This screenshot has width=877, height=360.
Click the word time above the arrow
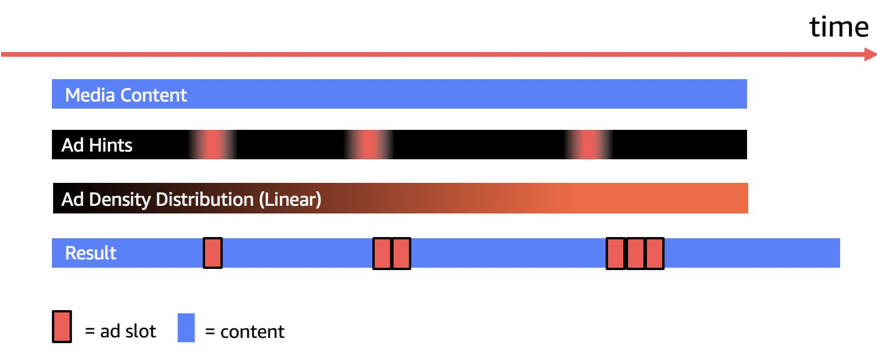pyautogui.click(x=838, y=27)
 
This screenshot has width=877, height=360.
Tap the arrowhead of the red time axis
pyautogui.click(x=868, y=53)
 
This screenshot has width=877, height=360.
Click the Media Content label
pyautogui.click(x=126, y=95)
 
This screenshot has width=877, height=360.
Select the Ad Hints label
pyautogui.click(x=97, y=145)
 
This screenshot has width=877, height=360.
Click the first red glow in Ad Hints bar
pyautogui.click(x=212, y=145)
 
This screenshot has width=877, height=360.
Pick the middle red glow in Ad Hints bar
pyautogui.click(x=369, y=145)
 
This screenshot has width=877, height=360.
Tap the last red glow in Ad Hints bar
pyautogui.click(x=589, y=145)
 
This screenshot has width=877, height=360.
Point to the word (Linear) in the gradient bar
pyautogui.click(x=290, y=199)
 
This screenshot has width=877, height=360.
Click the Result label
pyautogui.click(x=91, y=253)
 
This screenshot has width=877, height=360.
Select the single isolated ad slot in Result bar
pyautogui.click(x=212, y=253)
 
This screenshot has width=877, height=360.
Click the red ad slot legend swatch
pyautogui.click(x=62, y=328)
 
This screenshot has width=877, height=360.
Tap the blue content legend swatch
pyautogui.click(x=186, y=328)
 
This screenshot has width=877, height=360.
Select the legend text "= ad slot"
pyautogui.click(x=120, y=331)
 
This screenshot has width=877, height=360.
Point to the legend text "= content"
pyautogui.click(x=244, y=331)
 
